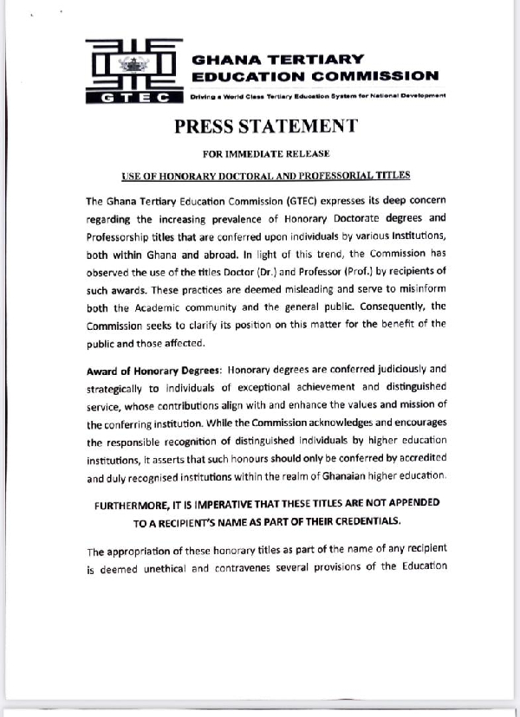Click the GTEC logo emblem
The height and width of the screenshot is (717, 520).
[134, 71]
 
